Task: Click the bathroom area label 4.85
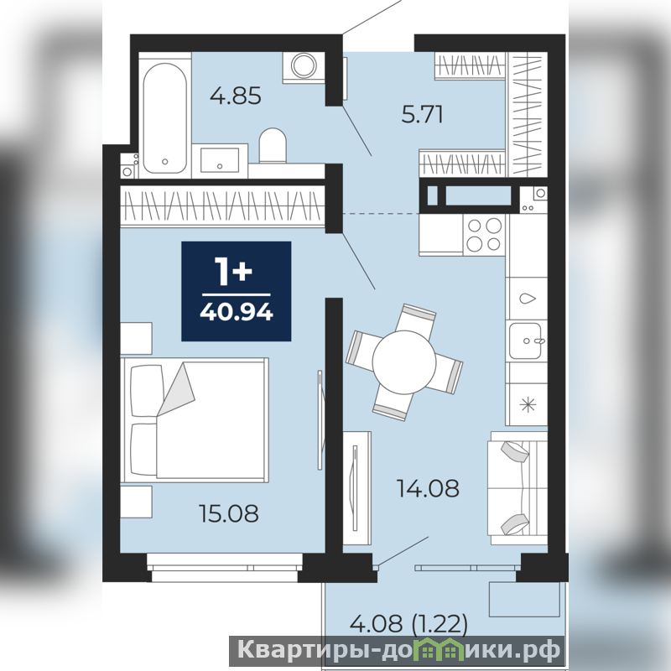click(x=236, y=96)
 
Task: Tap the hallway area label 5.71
click(x=422, y=114)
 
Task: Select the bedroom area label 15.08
click(x=229, y=513)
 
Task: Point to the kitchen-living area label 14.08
click(x=428, y=488)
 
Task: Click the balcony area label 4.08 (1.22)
click(x=408, y=623)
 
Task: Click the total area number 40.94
click(x=237, y=312)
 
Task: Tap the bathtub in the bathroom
click(x=164, y=117)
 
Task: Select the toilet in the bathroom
click(x=273, y=145)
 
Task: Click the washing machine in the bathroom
click(x=304, y=66)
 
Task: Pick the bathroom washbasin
click(x=220, y=160)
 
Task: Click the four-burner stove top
click(x=484, y=235)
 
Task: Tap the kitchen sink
click(x=526, y=341)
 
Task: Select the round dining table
click(x=404, y=362)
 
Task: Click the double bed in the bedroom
click(x=195, y=420)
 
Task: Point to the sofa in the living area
click(x=518, y=488)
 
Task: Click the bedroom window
click(x=225, y=568)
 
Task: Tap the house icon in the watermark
click(x=446, y=650)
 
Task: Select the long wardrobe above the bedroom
click(x=222, y=205)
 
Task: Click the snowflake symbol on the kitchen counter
click(x=528, y=404)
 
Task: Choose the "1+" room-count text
click(x=234, y=272)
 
